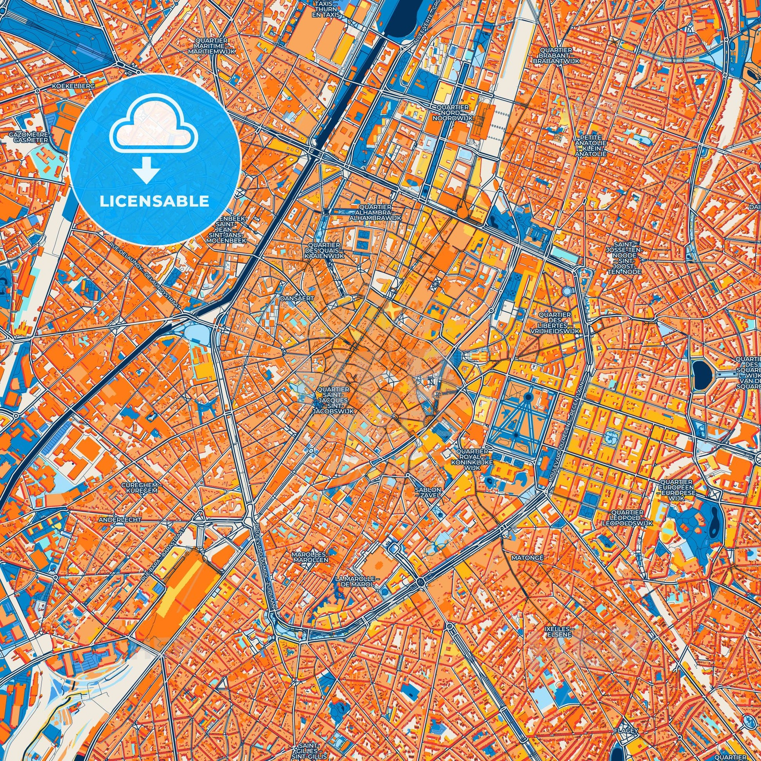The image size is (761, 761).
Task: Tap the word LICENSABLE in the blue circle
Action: tap(154, 201)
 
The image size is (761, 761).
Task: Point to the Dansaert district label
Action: tap(297, 298)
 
